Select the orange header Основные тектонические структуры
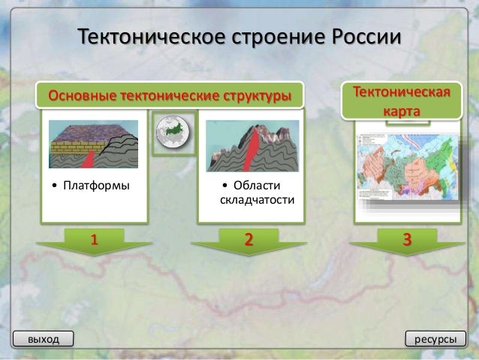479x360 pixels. pos(170,96)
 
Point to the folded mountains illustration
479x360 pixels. pos(249,144)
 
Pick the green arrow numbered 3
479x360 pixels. pos(406,242)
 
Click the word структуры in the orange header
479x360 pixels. pos(257,96)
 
